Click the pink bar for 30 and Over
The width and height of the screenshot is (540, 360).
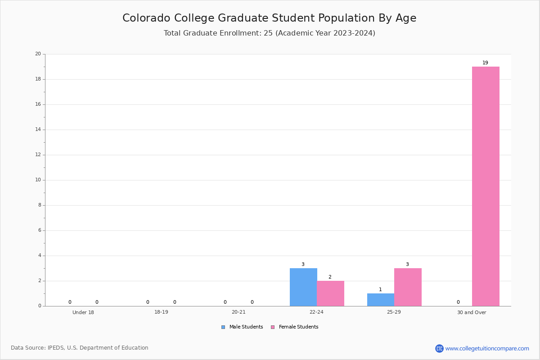click(x=486, y=186)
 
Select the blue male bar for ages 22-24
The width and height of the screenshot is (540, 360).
click(x=303, y=287)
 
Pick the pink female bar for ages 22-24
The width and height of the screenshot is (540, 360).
click(x=330, y=293)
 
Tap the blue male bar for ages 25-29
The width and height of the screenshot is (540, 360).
click(x=381, y=300)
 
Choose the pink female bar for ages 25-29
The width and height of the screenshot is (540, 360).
click(x=408, y=287)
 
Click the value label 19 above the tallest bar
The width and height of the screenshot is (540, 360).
click(x=485, y=63)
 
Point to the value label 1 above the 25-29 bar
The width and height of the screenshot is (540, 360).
click(x=380, y=289)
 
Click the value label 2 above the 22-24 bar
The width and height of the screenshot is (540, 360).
click(x=330, y=277)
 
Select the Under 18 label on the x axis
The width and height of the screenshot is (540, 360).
click(x=83, y=312)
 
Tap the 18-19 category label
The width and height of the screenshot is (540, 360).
click(x=161, y=312)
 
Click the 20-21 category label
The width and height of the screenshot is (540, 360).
click(x=238, y=312)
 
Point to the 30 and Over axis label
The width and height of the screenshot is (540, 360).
click(x=472, y=312)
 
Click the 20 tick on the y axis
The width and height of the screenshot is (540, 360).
click(x=38, y=54)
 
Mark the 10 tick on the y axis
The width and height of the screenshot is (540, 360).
click(x=38, y=180)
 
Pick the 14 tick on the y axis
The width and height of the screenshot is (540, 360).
click(x=38, y=130)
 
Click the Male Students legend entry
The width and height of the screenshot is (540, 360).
click(x=242, y=327)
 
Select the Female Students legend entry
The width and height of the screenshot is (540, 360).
click(x=295, y=327)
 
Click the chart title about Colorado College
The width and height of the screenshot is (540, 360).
click(x=269, y=18)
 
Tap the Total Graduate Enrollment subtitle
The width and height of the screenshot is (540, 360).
click(x=269, y=33)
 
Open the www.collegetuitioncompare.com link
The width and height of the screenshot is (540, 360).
click(x=487, y=348)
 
